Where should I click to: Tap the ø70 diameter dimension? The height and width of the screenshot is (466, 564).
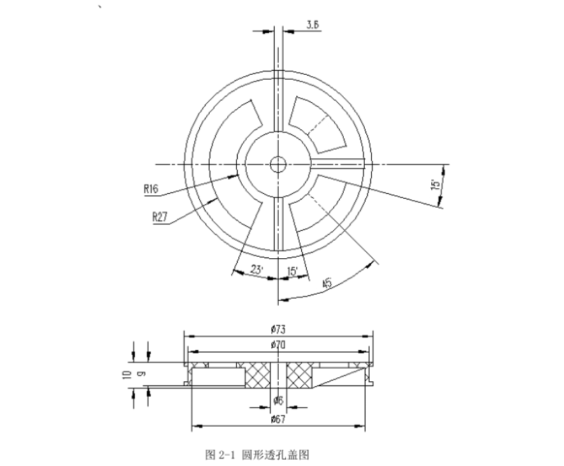coord(277,344)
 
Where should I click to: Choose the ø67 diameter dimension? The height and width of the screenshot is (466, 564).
coord(277,419)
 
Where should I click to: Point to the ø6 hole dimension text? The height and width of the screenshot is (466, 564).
coord(277,400)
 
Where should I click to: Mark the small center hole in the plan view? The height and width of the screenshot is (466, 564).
coord(278,164)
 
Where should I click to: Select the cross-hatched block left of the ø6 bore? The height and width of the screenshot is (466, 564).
coord(256,375)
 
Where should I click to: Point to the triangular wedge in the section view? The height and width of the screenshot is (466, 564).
coord(342,379)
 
